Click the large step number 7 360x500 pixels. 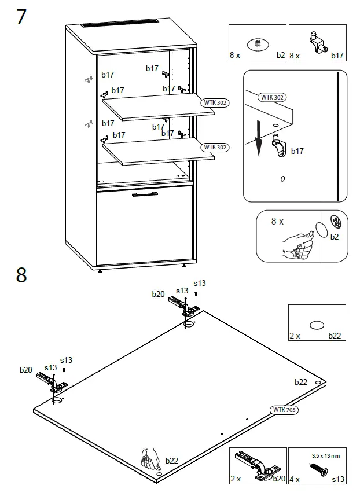tap(21, 17)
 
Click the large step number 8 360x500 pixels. tap(21, 275)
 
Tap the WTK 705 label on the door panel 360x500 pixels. tap(284, 410)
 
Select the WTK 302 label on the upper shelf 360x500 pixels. tap(215, 102)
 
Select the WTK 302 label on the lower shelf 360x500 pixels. tap(215, 147)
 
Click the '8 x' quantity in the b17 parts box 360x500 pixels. tap(295, 56)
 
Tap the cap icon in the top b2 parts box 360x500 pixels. tap(258, 43)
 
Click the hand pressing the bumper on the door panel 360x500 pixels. tap(151, 460)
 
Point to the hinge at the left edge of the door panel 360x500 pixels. tap(53, 383)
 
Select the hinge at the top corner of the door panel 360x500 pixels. tap(182, 306)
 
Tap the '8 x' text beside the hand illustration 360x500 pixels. tap(277, 222)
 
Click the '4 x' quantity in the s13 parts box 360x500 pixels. tap(295, 479)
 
